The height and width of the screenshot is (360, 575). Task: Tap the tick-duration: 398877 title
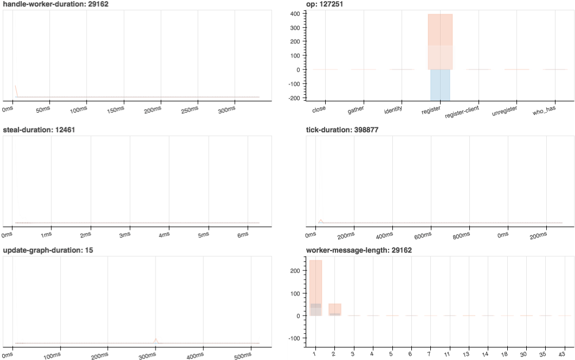tap(343, 130)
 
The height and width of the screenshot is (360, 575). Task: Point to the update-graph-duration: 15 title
tap(48, 250)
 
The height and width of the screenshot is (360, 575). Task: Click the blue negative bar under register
tap(440, 85)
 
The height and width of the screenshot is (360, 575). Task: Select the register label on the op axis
tap(431, 111)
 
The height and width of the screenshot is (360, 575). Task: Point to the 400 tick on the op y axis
tap(296, 14)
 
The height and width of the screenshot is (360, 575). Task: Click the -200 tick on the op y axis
tap(294, 98)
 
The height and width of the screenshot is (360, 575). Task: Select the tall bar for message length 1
tap(315, 287)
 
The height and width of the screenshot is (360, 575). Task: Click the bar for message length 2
tap(335, 310)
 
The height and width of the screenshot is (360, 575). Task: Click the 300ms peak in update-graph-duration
tap(156, 339)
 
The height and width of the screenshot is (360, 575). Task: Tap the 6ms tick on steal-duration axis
tap(242, 234)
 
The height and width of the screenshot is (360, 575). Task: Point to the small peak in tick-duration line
tap(321, 220)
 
